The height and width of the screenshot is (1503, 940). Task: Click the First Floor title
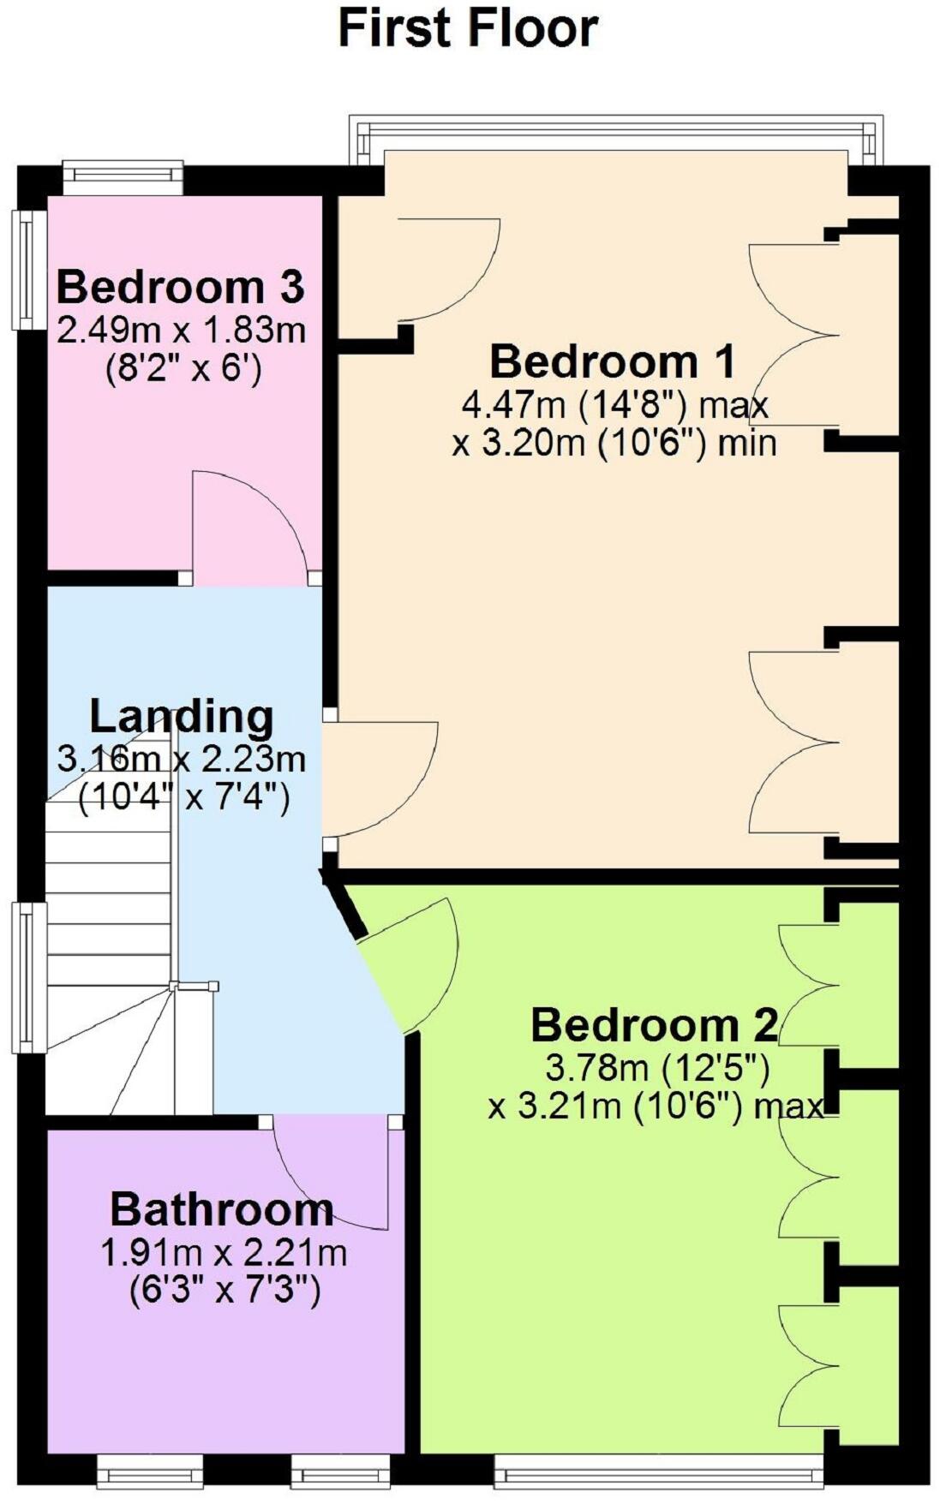468,28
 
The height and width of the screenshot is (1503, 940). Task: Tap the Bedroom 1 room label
612,361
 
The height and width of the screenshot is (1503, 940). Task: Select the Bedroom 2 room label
655,1025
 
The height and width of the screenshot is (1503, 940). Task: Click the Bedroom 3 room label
180,286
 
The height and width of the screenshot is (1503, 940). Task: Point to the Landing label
182,717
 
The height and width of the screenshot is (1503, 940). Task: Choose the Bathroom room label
222,1210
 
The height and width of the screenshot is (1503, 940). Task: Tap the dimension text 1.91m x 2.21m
224,1253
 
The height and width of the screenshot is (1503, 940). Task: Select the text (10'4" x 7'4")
183,798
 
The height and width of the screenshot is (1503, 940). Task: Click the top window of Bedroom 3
123,177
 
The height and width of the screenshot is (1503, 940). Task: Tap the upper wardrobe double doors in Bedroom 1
793,334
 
